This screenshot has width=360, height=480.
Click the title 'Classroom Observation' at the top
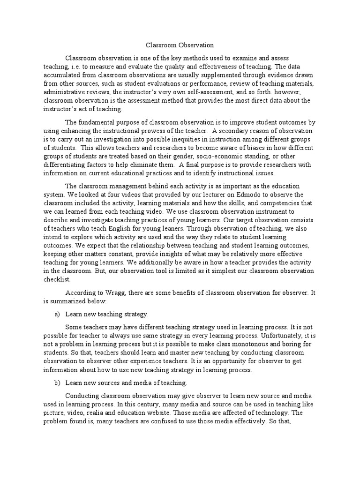pos(180,45)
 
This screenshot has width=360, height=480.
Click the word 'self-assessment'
pos(212,92)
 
